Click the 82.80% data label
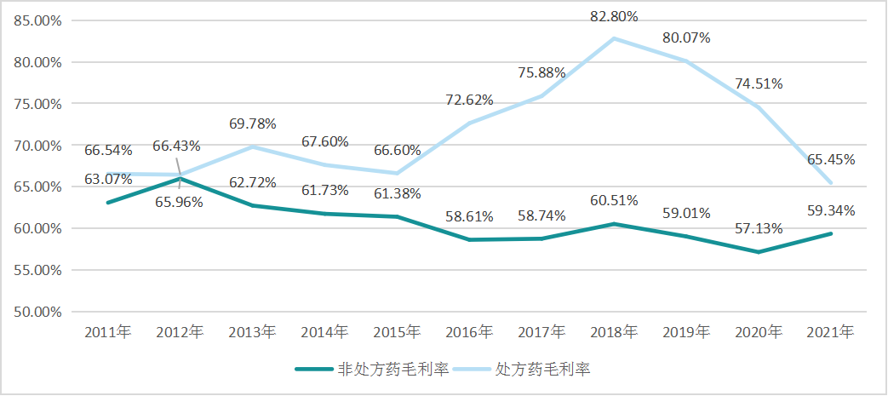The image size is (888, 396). pyautogui.click(x=614, y=16)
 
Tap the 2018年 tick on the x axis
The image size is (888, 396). pyautogui.click(x=614, y=331)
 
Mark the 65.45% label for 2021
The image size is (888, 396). pyautogui.click(x=832, y=159)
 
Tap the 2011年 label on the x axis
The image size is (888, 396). pyautogui.click(x=107, y=331)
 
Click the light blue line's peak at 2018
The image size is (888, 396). pyautogui.click(x=614, y=38)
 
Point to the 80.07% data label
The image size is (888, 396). pyautogui.click(x=686, y=38)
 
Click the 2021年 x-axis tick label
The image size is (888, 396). pyautogui.click(x=831, y=331)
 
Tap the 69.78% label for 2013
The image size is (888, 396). pyautogui.click(x=253, y=124)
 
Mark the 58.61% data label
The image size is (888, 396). pyautogui.click(x=469, y=217)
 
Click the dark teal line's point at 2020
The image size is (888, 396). pyautogui.click(x=759, y=252)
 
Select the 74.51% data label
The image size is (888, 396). pyautogui.click(x=759, y=83)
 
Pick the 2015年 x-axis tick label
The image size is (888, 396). pyautogui.click(x=397, y=331)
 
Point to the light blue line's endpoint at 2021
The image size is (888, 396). pyautogui.click(x=831, y=183)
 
